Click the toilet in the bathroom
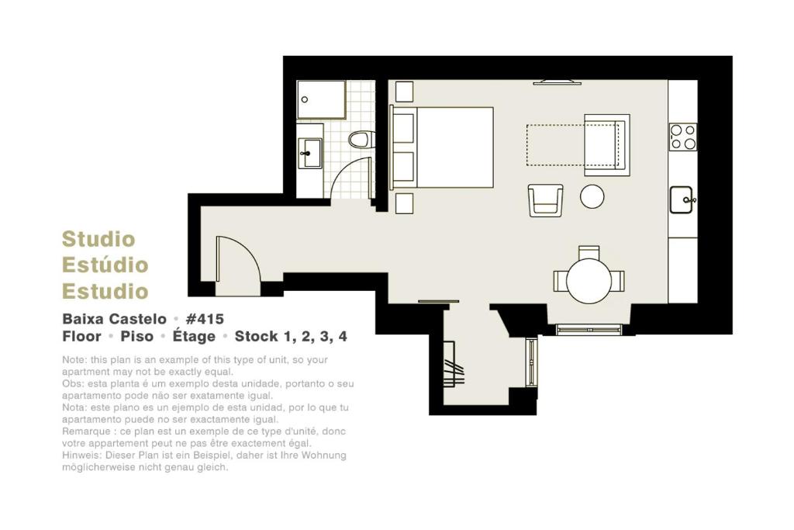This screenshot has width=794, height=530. (361, 140)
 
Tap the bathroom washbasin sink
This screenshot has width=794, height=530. (309, 153)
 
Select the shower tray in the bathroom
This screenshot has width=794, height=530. (321, 99)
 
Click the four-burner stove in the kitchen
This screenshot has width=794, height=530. (682, 137)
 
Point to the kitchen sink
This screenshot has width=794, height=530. (682, 199)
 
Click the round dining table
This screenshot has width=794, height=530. (589, 281)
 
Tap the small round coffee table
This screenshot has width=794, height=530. (592, 196)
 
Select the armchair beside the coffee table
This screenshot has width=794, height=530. (545, 200)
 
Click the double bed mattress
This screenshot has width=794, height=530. (454, 147)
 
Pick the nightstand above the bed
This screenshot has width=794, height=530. (404, 92)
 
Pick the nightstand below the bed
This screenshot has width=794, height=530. (404, 203)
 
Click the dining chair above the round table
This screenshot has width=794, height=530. (589, 253)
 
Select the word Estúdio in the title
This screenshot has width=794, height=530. (105, 265)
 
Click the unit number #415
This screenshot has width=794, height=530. (205, 319)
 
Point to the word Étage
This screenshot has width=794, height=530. (194, 336)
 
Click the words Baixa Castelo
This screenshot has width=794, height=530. (115, 319)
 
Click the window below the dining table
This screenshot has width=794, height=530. (589, 330)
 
